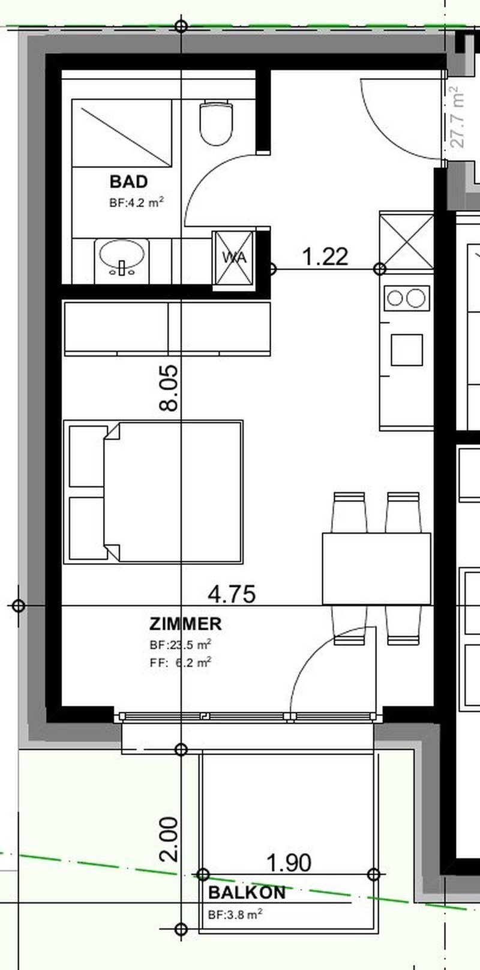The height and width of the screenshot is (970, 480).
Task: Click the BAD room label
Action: pos(128,181)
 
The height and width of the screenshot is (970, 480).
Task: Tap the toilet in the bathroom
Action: pos(216,123)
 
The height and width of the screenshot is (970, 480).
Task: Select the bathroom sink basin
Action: pos(122,257)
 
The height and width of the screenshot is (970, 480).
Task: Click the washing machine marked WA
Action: pos(234,258)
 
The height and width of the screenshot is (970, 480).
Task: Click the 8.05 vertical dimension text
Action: pos(169,388)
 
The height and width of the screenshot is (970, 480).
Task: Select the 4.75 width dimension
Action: pos(232,594)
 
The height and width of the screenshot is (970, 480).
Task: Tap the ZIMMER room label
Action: pos(185,624)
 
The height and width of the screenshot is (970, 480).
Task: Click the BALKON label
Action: pos(247,893)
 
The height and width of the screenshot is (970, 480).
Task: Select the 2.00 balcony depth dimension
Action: pos(169,839)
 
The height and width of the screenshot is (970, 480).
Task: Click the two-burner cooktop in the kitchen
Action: pos(406,298)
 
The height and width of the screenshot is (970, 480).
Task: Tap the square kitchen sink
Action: pos(407,349)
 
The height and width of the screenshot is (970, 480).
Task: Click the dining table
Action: pos(377,568)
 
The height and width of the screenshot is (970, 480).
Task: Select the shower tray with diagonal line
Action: pos(122,133)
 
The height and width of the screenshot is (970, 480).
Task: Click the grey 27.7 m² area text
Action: pos(457,117)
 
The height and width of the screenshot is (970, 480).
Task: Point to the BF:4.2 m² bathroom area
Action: pos(136,202)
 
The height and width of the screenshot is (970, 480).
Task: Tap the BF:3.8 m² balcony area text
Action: pos(235,914)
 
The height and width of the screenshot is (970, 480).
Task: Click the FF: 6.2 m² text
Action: pos(181,663)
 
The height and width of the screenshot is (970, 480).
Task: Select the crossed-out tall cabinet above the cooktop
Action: pos(407,240)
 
